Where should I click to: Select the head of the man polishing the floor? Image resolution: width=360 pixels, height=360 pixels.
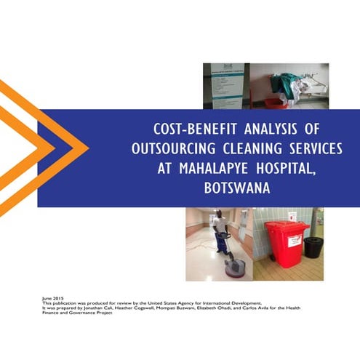point(219,215)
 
